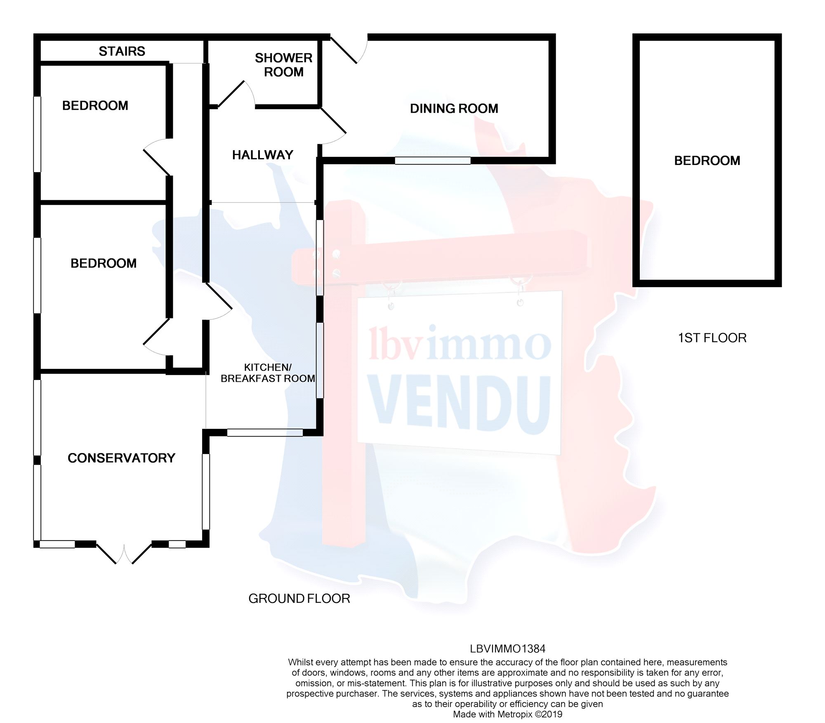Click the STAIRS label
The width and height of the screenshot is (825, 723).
[122, 51]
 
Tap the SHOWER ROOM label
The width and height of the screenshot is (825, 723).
[283, 65]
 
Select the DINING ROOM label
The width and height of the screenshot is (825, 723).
[454, 109]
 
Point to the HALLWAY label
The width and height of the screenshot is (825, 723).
[262, 155]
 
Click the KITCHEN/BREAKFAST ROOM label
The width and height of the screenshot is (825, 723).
[268, 373]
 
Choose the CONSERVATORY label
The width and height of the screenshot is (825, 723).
[121, 458]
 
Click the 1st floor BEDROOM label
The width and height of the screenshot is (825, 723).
[707, 161]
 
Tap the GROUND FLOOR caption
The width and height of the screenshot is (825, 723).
[299, 598]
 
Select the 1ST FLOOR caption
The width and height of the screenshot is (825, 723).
[712, 338]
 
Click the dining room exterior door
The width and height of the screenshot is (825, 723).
[349, 50]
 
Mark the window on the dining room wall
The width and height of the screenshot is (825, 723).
[432, 161]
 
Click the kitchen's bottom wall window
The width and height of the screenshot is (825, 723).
[264, 432]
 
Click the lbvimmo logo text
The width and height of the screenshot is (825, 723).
[460, 343]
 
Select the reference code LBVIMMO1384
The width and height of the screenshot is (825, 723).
[507, 649]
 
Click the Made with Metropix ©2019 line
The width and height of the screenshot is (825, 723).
[507, 714]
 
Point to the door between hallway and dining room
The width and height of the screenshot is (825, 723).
[332, 126]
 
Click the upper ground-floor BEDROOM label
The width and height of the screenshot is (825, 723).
[95, 106]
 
